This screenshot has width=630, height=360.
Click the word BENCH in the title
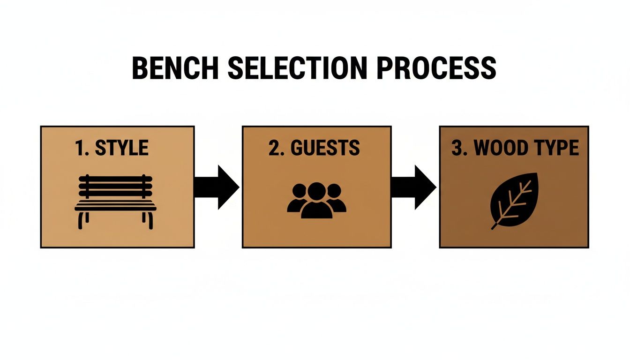click(176, 68)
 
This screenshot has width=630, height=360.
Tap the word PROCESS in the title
click(436, 68)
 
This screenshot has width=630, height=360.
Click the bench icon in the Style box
click(116, 202)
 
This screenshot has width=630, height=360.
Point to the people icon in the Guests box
click(316, 200)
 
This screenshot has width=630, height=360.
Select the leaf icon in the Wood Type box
click(514, 201)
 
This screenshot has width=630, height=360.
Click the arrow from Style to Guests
click(217, 187)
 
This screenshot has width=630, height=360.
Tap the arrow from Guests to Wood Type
click(414, 187)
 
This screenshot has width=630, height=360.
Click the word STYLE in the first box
click(122, 148)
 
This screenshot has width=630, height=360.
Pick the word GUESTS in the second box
click(325, 148)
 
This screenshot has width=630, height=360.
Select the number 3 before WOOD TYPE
click(457, 148)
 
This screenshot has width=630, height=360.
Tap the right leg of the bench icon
click(150, 220)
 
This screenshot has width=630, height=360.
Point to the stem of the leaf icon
click(496, 225)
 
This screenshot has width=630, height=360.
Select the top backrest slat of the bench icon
click(116, 179)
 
